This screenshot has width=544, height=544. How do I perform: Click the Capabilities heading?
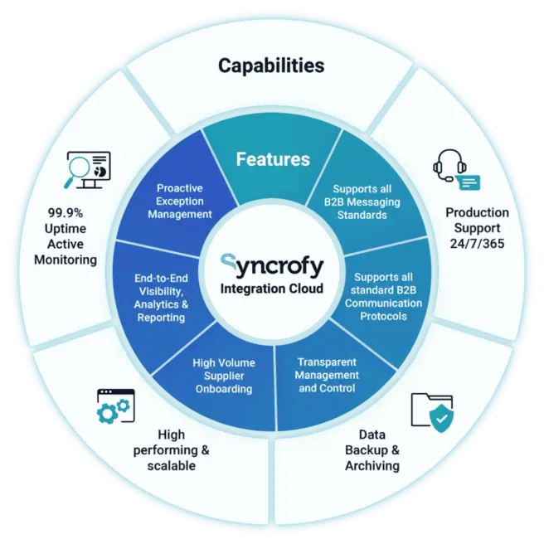[271, 65]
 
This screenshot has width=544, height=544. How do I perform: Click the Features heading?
[273, 158]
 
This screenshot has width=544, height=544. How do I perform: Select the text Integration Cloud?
[272, 289]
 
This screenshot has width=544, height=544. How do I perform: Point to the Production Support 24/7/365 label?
[477, 228]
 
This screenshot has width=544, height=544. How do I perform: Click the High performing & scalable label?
[172, 449]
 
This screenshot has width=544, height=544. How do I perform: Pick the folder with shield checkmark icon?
[432, 413]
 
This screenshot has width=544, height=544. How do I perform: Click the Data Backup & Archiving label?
[372, 449]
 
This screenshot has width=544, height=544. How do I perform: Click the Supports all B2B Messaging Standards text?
[366, 202]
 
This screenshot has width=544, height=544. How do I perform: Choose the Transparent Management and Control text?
[328, 375]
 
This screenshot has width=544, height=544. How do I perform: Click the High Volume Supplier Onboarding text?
[223, 376]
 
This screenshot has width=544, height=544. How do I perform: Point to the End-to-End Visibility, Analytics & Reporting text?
[162, 297]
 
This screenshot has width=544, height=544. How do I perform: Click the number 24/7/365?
[477, 244]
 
